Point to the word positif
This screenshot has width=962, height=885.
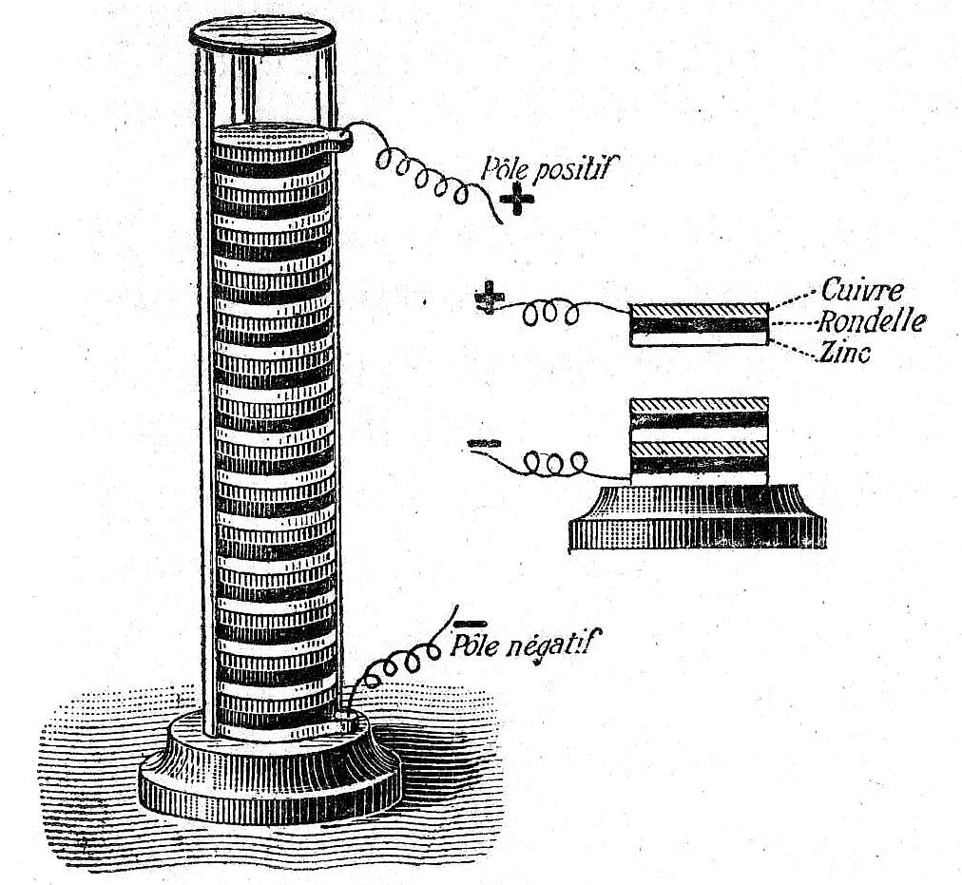(x=573, y=169)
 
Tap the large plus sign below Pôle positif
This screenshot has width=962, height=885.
(x=516, y=203)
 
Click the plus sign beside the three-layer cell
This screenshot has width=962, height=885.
(x=489, y=297)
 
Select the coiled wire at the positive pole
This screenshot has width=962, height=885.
(x=423, y=172)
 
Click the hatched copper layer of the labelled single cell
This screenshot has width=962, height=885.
(x=700, y=310)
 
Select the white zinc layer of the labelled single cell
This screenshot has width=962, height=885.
(x=700, y=338)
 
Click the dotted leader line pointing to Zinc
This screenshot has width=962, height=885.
(x=795, y=349)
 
